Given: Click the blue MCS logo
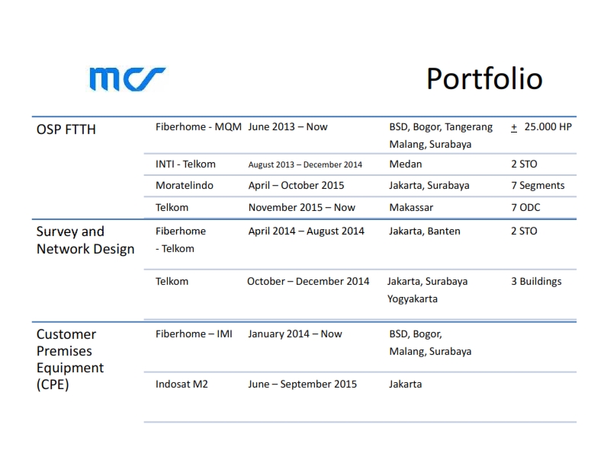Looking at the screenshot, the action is (127, 79).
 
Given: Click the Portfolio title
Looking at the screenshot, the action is (484, 79).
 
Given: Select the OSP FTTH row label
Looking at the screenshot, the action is (66, 129).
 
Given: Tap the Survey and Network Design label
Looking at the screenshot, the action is (85, 241).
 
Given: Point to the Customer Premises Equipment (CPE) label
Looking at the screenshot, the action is (70, 359).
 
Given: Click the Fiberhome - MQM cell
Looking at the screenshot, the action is (198, 127).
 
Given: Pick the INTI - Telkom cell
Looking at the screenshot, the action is (185, 164).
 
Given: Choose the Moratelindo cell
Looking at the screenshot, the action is (184, 185).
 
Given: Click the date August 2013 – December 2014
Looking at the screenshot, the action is (305, 164).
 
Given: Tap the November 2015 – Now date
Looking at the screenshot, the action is (301, 208).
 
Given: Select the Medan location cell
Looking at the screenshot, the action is (406, 164).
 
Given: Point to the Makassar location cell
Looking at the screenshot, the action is (411, 208).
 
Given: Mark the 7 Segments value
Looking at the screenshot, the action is (538, 186).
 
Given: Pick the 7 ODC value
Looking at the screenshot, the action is (525, 208).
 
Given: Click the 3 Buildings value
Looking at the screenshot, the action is (536, 282).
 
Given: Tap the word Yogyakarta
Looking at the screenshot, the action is (413, 299).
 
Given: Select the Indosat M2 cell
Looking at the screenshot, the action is (182, 384).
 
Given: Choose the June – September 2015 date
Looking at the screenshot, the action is (303, 384).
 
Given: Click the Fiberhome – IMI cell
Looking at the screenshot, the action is (194, 334).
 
